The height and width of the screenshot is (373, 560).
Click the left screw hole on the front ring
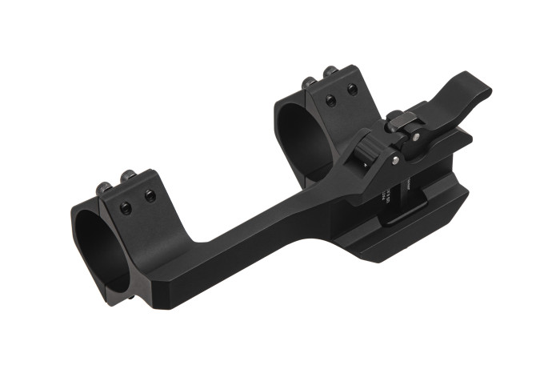126,207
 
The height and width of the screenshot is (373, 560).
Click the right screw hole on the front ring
149,196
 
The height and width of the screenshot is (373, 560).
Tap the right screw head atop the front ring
126,178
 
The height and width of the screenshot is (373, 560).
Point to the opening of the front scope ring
102,249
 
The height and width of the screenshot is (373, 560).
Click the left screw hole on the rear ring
330,101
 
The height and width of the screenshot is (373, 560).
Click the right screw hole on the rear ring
352,90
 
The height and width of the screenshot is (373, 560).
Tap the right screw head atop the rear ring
330,72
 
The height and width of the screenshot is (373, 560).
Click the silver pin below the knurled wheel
394,162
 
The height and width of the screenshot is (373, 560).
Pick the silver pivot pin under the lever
416,137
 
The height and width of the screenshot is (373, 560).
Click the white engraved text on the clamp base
384,196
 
